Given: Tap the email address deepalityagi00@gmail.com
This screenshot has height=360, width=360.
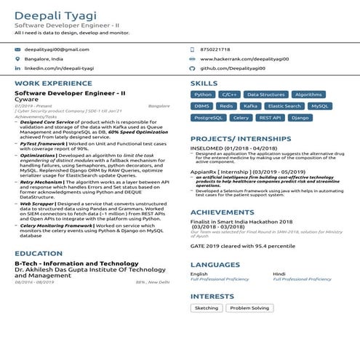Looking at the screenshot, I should click(57, 49).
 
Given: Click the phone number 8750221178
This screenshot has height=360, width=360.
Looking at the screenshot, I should click(215, 49).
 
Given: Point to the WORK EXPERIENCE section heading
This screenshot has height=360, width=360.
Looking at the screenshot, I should click(48, 84).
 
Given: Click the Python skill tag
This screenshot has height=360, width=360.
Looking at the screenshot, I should click(203, 95).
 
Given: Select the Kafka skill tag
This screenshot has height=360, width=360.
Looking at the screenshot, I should click(249, 106).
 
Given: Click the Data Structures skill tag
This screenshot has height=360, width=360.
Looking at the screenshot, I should click(265, 95).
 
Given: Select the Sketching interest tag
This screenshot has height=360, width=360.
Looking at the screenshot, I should click(207, 308).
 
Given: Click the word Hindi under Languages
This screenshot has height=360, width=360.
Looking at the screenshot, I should click(279, 273).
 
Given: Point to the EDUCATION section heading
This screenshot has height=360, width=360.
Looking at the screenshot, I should click(38, 254).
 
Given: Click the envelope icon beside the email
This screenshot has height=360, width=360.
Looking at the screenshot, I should click(17, 49).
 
